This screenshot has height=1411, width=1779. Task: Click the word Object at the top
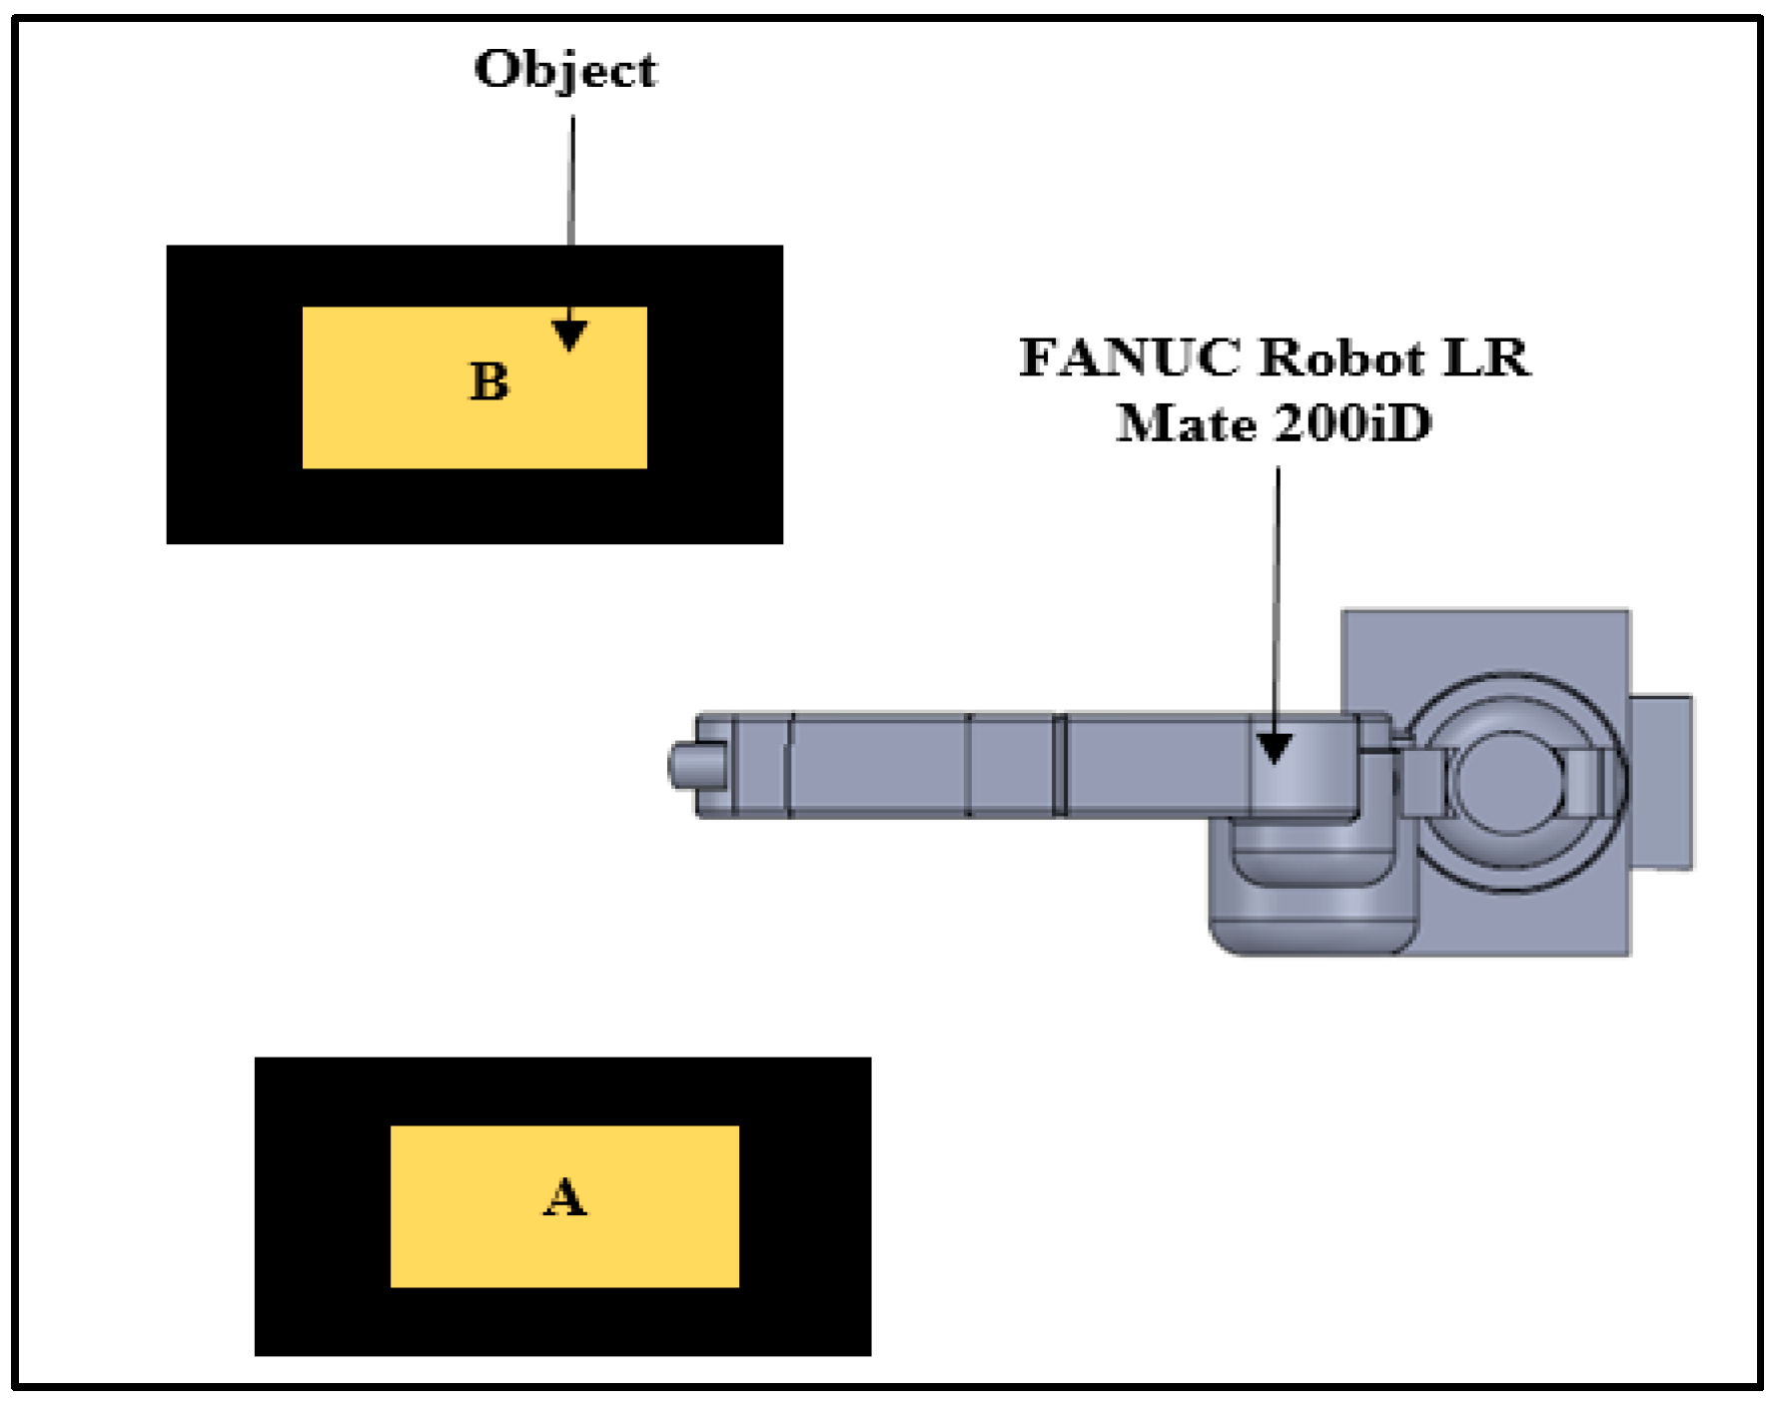click(x=565, y=70)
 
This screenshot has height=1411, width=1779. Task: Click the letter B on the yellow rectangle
click(x=489, y=381)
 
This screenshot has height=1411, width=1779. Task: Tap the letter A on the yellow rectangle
click(x=564, y=1196)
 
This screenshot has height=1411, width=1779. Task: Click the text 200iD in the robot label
click(x=1352, y=423)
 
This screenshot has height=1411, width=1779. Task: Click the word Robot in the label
click(x=1341, y=357)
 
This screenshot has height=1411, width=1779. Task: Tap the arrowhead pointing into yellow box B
click(x=569, y=335)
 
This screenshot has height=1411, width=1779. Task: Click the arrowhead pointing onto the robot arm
click(x=1275, y=747)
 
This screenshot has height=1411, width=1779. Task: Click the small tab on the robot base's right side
click(x=1661, y=782)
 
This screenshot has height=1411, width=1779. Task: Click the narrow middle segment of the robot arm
click(x=1010, y=766)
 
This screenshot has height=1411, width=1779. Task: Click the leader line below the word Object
click(x=572, y=180)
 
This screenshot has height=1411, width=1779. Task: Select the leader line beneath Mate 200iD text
click(x=1278, y=599)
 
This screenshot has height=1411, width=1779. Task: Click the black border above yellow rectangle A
click(x=562, y=1090)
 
